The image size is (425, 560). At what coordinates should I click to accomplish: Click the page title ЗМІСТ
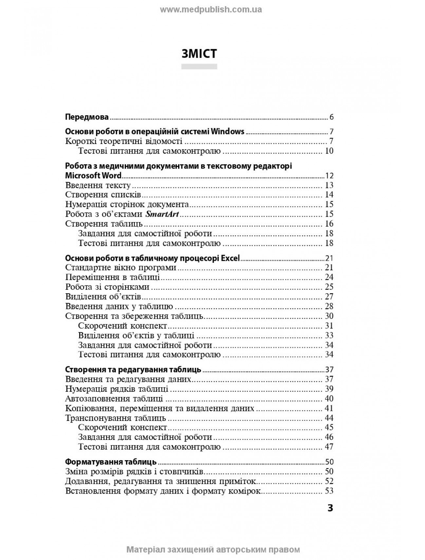click(x=199, y=54)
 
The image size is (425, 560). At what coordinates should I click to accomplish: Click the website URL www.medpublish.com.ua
click(x=211, y=9)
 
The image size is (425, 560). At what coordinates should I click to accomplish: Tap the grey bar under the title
click(x=199, y=66)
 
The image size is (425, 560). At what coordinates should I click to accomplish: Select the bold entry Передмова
click(x=87, y=117)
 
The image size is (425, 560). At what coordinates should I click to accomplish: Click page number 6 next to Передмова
click(x=331, y=117)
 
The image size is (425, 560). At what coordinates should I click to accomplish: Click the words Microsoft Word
click(x=93, y=175)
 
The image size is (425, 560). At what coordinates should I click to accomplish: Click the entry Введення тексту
click(x=98, y=185)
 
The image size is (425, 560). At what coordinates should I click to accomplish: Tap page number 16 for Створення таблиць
click(x=329, y=224)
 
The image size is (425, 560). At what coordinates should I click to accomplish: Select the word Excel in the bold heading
click(x=231, y=258)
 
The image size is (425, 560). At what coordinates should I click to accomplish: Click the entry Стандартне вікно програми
click(x=121, y=267)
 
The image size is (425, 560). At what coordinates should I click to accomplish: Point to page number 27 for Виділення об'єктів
click(x=329, y=297)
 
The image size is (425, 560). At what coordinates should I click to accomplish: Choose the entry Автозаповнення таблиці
click(x=114, y=399)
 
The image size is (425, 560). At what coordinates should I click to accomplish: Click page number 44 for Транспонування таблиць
click(x=329, y=418)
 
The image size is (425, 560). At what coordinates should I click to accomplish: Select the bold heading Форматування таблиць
click(x=111, y=462)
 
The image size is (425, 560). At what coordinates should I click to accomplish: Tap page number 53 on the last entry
click(x=329, y=491)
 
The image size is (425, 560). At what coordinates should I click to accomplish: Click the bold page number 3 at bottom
click(x=330, y=508)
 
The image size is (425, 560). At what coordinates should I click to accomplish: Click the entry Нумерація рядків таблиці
click(x=117, y=389)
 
